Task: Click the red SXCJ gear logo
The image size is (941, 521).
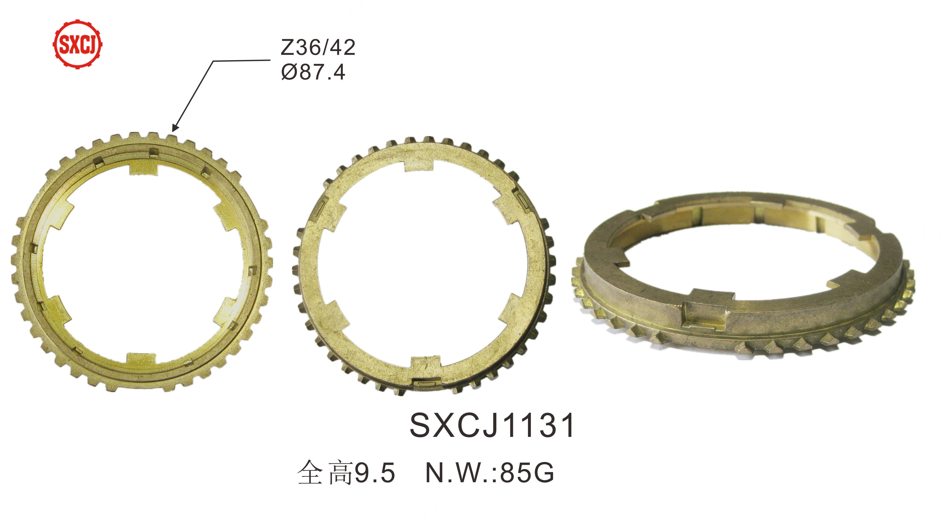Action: pyautogui.click(x=77, y=44)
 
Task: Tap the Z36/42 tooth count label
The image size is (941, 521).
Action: pyautogui.click(x=318, y=48)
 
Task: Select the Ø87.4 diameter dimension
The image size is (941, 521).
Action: pyautogui.click(x=313, y=72)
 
